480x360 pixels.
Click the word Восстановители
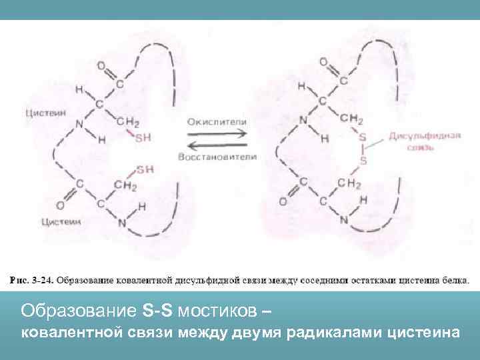(217, 157)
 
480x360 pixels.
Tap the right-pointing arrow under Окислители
(217, 134)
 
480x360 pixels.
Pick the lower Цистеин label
(59, 221)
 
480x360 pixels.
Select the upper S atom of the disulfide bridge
(363, 137)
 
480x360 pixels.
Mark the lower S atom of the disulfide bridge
(363, 161)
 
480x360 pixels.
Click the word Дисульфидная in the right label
(425, 135)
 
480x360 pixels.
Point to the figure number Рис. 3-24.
(31, 279)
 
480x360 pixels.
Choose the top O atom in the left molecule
(101, 66)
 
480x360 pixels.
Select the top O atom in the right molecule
(323, 61)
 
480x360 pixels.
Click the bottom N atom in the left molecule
(122, 223)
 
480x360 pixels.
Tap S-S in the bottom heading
(158, 311)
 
